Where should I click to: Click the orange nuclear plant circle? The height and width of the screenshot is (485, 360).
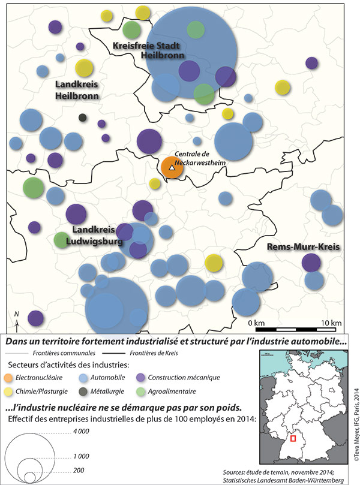[172, 168]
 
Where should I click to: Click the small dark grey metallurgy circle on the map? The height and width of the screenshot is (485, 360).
[83, 118]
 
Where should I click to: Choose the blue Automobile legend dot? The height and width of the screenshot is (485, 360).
[83, 378]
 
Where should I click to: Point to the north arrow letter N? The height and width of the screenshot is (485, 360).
[17, 314]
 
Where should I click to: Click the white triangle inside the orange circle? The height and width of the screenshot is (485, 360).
[172, 169]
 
